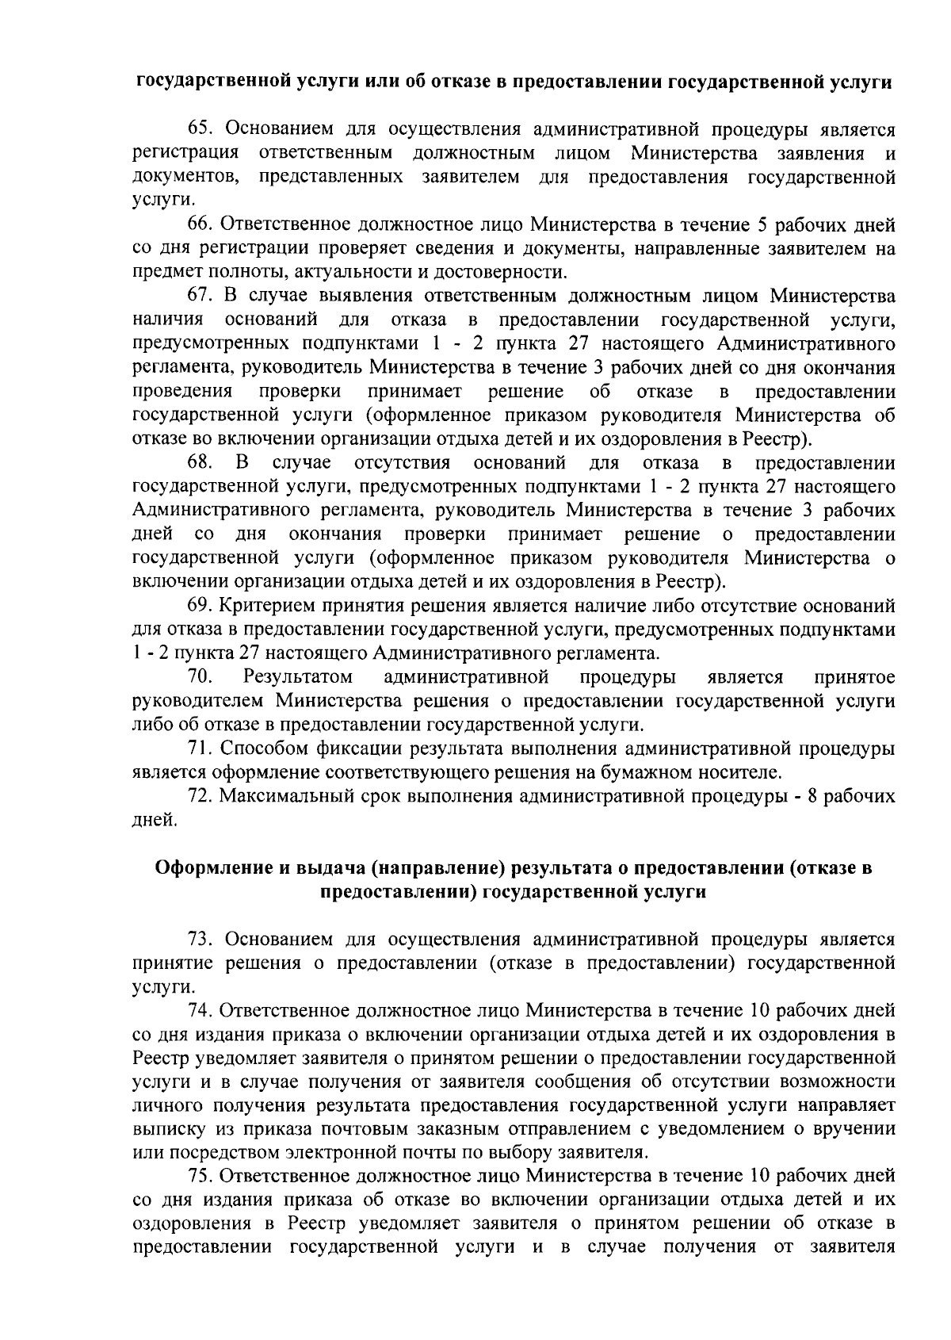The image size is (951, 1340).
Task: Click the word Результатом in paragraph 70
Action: point(298,677)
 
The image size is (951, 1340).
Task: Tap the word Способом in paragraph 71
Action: point(259,748)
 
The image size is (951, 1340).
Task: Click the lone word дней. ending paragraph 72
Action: point(153,821)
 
